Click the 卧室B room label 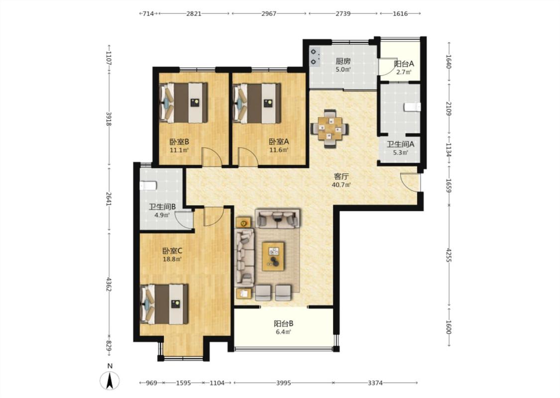pyautogui.click(x=179, y=142)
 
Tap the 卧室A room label pyautogui.click(x=279, y=142)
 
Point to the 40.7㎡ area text pyautogui.click(x=341, y=185)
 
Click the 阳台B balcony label pyautogui.click(x=284, y=324)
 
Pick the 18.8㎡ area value pyautogui.click(x=172, y=259)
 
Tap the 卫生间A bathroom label pyautogui.click(x=400, y=145)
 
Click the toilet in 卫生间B pyautogui.click(x=147, y=186)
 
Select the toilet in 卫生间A pyautogui.click(x=413, y=107)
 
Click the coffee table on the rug pyautogui.click(x=273, y=256)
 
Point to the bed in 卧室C pyautogui.click(x=164, y=304)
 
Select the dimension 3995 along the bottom pyautogui.click(x=284, y=383)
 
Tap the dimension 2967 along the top pyautogui.click(x=269, y=13)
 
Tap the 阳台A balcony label pyautogui.click(x=404, y=64)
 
